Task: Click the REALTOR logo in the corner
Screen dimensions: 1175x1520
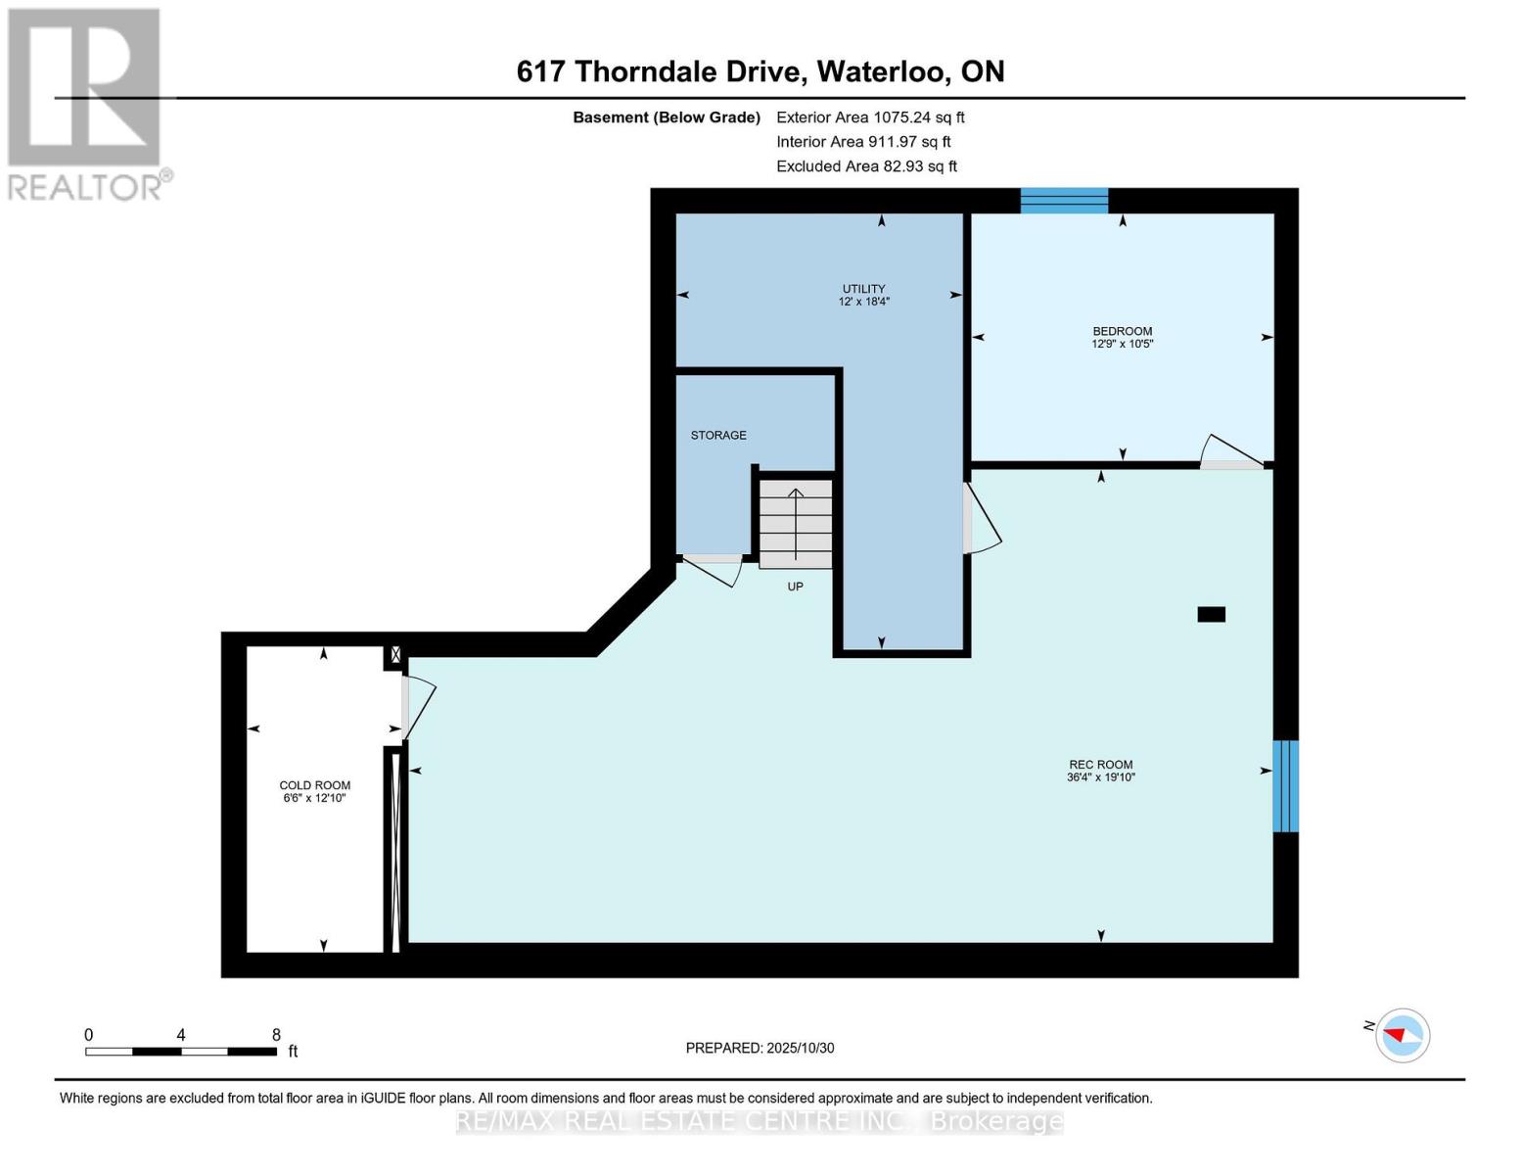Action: pos(86,103)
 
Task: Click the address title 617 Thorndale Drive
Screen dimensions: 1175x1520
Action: pos(760,71)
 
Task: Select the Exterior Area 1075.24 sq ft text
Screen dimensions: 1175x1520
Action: pos(870,117)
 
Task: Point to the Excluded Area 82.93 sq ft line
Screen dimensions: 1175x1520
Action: pos(866,166)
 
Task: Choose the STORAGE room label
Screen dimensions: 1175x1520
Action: pos(718,435)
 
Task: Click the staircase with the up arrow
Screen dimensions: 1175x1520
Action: pos(796,523)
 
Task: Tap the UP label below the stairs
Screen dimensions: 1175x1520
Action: pos(795,587)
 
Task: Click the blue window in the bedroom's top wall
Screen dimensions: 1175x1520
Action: pos(1064,201)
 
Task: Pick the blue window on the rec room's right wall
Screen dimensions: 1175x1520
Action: pos(1285,786)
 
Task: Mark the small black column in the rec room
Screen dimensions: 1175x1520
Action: pos(1211,615)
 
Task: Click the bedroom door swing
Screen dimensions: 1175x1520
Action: pos(1230,451)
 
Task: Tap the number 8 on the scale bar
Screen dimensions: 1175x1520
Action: pos(276,1035)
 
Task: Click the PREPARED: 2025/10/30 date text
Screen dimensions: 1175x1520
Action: pos(760,1048)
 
